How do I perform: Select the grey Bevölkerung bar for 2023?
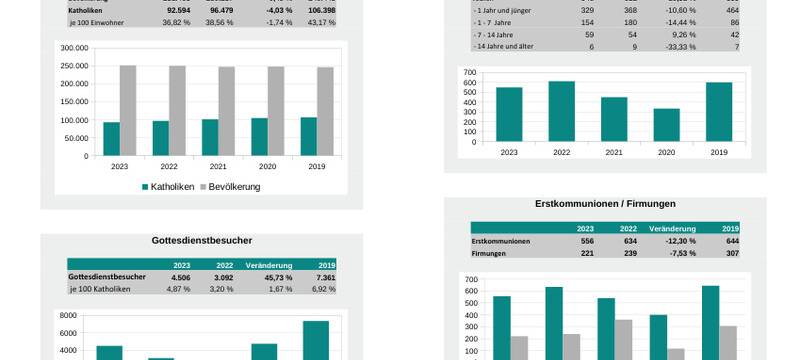coord(128,110)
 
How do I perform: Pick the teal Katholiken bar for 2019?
coord(308,136)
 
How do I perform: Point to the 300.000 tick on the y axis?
coord(75,47)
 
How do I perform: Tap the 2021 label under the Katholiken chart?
coord(218,167)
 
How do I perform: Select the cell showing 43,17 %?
coord(322,22)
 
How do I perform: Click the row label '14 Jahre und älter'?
coord(510,46)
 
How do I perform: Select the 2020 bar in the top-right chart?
coord(666,125)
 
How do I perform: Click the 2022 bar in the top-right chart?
coord(561,111)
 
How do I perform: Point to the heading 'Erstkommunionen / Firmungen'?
coord(605,204)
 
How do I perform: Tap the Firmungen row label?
coord(491,253)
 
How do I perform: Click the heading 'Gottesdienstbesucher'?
coord(202,240)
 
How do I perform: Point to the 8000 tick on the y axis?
coord(68,315)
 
